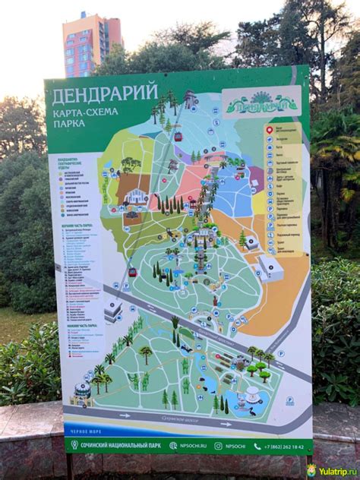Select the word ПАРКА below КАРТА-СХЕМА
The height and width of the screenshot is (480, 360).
point(68,123)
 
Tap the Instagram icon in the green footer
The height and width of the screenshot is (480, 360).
point(219,447)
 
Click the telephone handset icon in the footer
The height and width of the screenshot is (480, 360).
point(257,447)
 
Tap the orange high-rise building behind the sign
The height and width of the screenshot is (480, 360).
point(91,46)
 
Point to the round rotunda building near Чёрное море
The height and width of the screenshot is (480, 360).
point(82,390)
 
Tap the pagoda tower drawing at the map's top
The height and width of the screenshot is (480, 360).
point(189,99)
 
